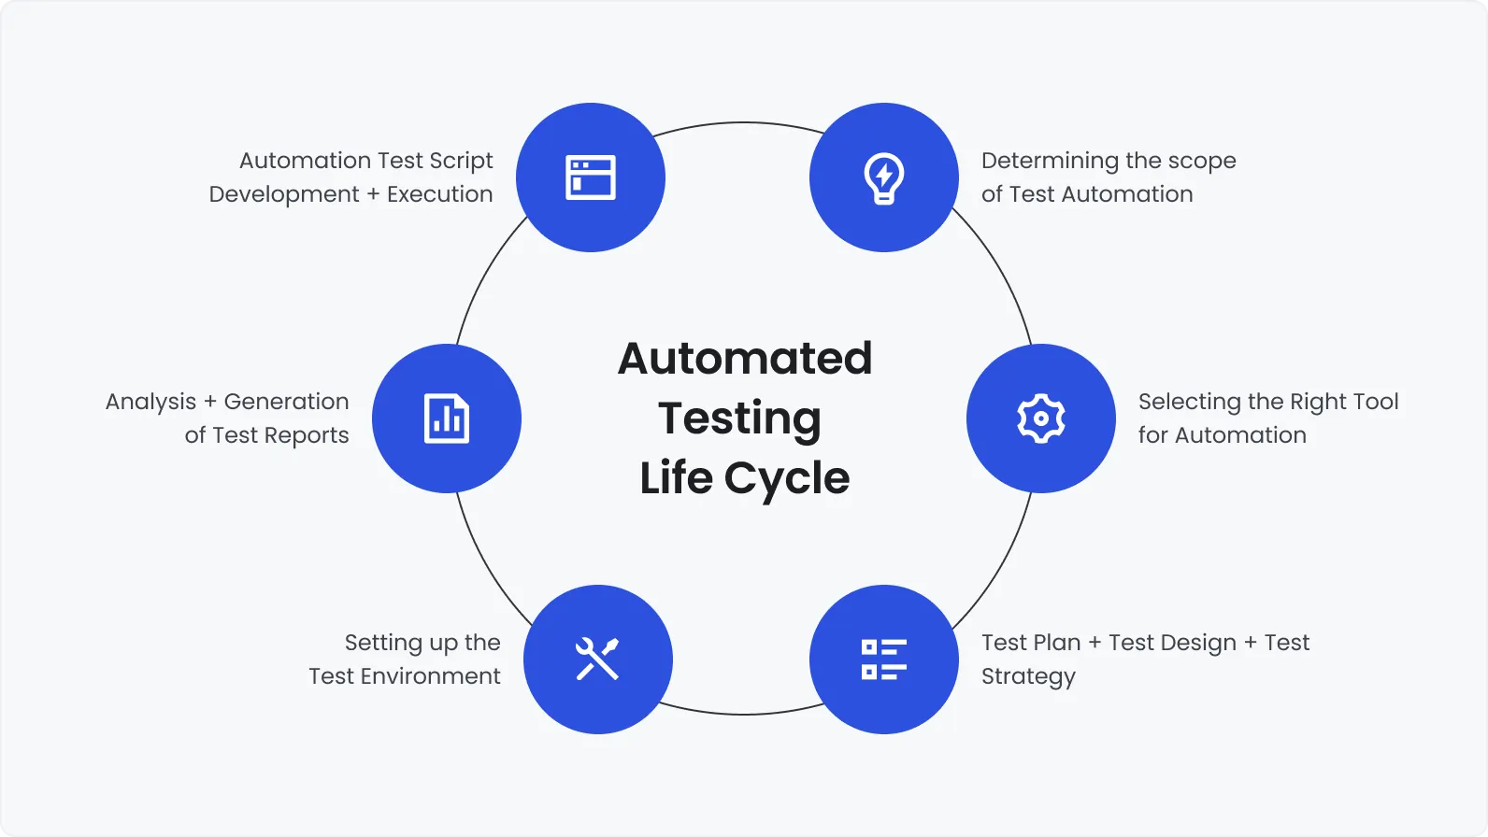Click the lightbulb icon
[x=883, y=177]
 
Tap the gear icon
[x=1040, y=418]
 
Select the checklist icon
[x=883, y=660]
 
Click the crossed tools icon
[x=597, y=660]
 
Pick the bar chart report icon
[x=447, y=418]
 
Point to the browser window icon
[x=590, y=177]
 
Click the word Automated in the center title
[x=745, y=359]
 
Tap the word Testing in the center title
[x=739, y=418]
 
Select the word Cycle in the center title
[x=786, y=478]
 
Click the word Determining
[x=1050, y=161]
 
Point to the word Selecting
[x=1189, y=402]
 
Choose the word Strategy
[x=1028, y=677]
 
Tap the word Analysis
[x=150, y=403]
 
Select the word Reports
[x=307, y=436]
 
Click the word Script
[x=461, y=162]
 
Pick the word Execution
[x=439, y=194]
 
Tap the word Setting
[x=383, y=644]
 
